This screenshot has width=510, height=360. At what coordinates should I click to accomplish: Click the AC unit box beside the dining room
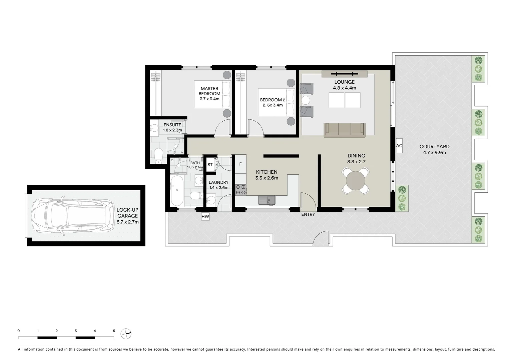tap(399, 146)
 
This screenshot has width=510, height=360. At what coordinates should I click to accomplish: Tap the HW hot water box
tap(205, 217)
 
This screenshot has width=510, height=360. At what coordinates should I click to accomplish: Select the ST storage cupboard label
tap(210, 165)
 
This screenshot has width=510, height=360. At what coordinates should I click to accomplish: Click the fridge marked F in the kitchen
tap(240, 164)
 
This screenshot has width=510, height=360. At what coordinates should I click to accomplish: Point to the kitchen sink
tap(267, 200)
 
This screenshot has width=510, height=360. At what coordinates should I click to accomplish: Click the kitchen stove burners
tap(240, 190)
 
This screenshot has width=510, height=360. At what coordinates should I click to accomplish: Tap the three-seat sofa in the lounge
tap(345, 130)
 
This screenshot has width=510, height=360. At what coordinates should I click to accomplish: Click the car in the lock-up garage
tap(71, 216)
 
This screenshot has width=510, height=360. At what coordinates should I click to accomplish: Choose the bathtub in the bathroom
tap(176, 191)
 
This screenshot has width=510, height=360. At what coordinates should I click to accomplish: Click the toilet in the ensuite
tap(158, 156)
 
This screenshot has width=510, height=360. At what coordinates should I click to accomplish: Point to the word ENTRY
tap(308, 214)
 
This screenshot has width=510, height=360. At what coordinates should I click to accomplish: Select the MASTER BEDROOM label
tap(209, 91)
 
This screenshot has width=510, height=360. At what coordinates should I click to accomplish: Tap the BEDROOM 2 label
tap(273, 100)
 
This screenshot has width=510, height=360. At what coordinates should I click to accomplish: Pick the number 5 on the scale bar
tap(114, 331)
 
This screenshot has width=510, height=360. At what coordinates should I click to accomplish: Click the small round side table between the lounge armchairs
tap(306, 100)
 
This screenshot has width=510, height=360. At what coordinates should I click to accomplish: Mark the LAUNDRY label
tap(218, 182)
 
